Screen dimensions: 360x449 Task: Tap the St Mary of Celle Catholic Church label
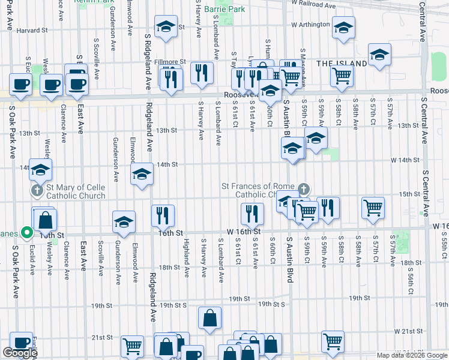point(74,191)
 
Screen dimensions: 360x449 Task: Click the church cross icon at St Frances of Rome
point(304,189)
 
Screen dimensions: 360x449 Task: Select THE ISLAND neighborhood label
point(342,63)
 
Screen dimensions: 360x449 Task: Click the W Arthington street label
point(310,25)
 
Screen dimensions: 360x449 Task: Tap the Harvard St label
point(32,30)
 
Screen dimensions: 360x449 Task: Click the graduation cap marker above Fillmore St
point(164,28)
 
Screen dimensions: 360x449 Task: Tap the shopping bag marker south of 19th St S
point(209,319)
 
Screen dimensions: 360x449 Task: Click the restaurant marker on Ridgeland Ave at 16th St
point(163,215)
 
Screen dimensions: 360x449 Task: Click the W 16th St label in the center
point(244,231)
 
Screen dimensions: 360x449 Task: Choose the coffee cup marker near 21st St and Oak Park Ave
point(21,343)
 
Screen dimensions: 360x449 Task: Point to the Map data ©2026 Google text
point(412,355)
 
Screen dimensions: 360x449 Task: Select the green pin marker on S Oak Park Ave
point(25,232)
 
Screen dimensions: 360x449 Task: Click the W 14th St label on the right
point(404,160)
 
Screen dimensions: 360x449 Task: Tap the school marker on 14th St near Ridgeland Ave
point(142,175)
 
